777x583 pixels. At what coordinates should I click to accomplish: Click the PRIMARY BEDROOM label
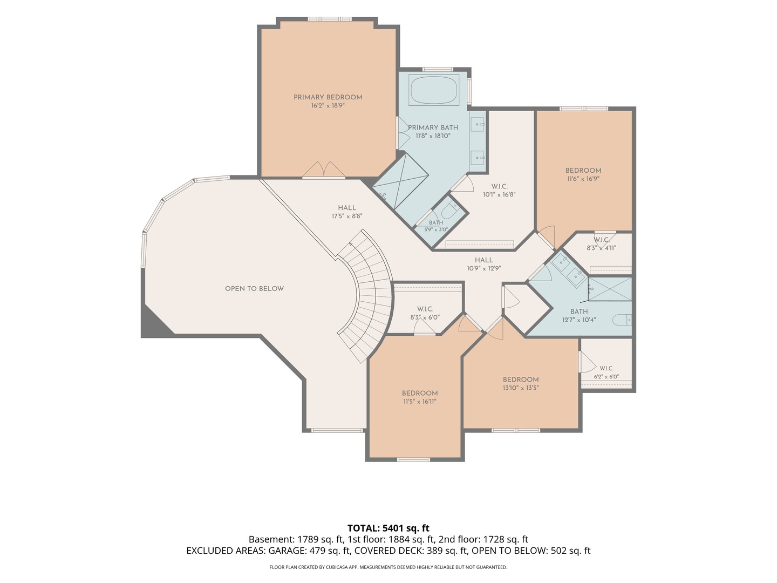pyautogui.click(x=328, y=97)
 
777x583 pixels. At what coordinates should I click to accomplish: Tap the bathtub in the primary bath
pyautogui.click(x=434, y=91)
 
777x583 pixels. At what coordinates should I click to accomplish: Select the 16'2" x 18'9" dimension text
pyautogui.click(x=328, y=105)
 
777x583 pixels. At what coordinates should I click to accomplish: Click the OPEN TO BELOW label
pyautogui.click(x=255, y=289)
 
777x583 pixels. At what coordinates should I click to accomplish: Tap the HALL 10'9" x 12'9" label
pyautogui.click(x=484, y=264)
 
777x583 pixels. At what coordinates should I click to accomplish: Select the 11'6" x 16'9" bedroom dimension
pyautogui.click(x=583, y=179)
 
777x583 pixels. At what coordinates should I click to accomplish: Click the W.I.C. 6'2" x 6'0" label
pyautogui.click(x=606, y=372)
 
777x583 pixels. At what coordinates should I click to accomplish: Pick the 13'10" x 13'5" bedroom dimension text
pyautogui.click(x=521, y=388)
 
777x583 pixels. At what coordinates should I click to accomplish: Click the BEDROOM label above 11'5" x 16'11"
pyautogui.click(x=420, y=394)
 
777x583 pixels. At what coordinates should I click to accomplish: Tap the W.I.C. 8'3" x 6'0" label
pyautogui.click(x=425, y=313)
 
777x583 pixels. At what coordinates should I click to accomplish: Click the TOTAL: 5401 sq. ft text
pyautogui.click(x=388, y=528)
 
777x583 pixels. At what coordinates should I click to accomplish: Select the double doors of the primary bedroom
pyautogui.click(x=324, y=170)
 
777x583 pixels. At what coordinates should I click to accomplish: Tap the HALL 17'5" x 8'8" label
pyautogui.click(x=347, y=212)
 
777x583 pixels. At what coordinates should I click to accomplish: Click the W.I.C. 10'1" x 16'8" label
pyautogui.click(x=499, y=191)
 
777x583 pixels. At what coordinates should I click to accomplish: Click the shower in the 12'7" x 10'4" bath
pyautogui.click(x=610, y=289)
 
